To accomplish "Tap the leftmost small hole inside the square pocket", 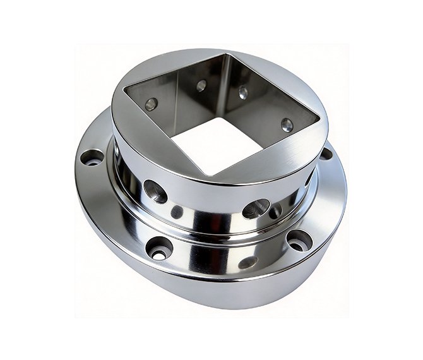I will [151, 104].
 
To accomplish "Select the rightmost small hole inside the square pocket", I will [287, 124].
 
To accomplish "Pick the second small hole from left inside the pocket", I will [201, 85].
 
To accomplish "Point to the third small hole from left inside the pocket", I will [243, 93].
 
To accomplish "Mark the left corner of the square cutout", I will [124, 88].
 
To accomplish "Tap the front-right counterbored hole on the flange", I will [298, 239].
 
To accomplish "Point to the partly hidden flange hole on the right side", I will [326, 153].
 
